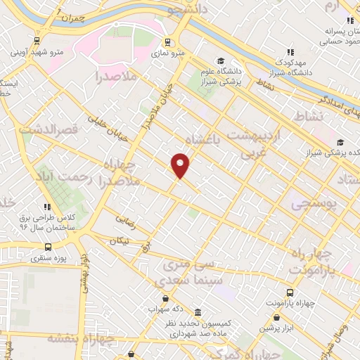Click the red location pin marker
(x=181, y=165)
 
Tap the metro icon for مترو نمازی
(x=167, y=41)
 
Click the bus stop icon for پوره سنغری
(x=48, y=247)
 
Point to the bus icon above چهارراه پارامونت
(x=290, y=292)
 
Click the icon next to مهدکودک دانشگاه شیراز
(x=290, y=52)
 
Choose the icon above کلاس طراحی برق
(x=47, y=207)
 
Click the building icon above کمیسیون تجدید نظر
(x=198, y=311)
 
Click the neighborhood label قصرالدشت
(x=49, y=129)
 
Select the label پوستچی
(x=314, y=204)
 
